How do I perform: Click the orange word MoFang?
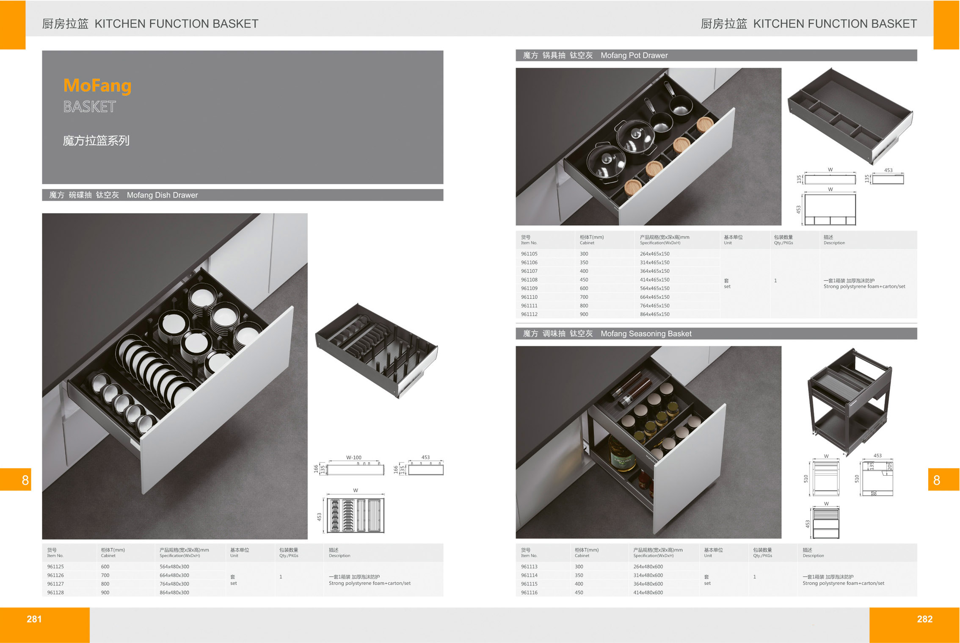[x=97, y=85]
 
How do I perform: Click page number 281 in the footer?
[x=34, y=619]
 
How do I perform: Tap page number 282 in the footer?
[x=924, y=619]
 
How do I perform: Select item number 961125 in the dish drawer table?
[x=55, y=566]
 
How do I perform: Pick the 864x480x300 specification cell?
[x=174, y=592]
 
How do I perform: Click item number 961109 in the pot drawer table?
[x=529, y=288]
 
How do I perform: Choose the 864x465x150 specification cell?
[x=655, y=314]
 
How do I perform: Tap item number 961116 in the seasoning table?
[x=529, y=592]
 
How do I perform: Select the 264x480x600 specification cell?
[x=648, y=566]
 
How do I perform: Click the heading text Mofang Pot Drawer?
[x=634, y=55]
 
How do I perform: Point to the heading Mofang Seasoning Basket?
[x=646, y=334]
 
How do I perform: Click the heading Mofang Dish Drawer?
[x=162, y=195]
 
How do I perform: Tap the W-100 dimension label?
[x=354, y=457]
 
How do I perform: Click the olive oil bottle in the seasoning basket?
[x=621, y=454]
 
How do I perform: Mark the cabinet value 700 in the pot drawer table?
[x=584, y=297]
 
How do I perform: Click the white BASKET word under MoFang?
[x=90, y=107]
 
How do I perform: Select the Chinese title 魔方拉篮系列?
[x=96, y=141]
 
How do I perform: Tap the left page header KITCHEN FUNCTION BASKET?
[x=177, y=24]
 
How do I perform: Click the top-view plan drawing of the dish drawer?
[x=355, y=515]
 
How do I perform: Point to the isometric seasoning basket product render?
[x=850, y=400]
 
